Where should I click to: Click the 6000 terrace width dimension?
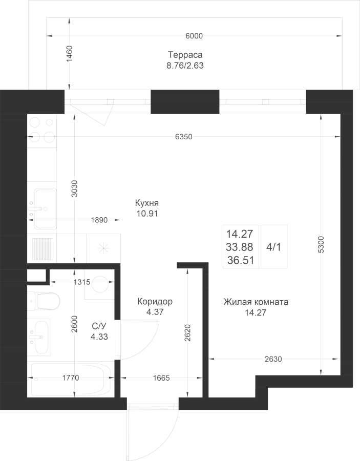[x=194, y=36]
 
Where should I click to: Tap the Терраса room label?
[x=185, y=55]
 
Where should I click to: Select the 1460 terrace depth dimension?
[x=69, y=54]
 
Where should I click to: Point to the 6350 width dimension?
[x=184, y=137]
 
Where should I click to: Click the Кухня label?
[x=147, y=203]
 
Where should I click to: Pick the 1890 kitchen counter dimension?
[x=99, y=220]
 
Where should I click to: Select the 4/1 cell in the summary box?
[x=273, y=247]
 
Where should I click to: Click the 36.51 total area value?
[x=240, y=261]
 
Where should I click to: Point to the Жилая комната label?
[x=256, y=302]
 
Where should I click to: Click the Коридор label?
[x=155, y=301]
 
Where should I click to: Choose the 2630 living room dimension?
[x=273, y=359]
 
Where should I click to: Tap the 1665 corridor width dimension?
[x=161, y=378]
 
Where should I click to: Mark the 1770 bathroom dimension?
[x=71, y=378]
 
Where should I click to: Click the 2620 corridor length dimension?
[x=188, y=332]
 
